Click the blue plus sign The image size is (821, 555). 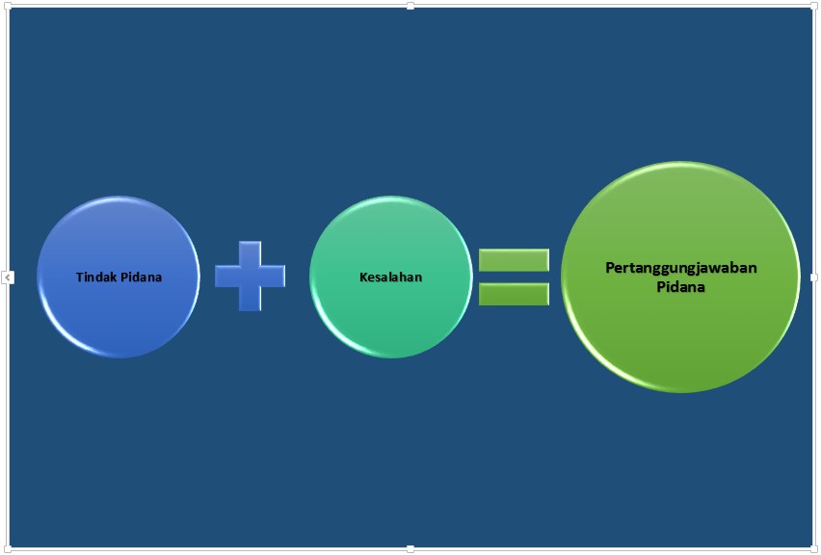(x=250, y=276)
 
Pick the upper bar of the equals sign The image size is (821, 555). (x=514, y=260)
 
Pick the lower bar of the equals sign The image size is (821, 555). (x=514, y=293)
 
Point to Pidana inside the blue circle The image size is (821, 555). (x=141, y=277)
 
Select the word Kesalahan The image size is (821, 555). (x=390, y=277)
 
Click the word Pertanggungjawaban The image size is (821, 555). (x=680, y=268)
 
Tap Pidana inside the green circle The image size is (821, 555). (x=680, y=286)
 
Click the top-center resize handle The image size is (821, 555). (x=410, y=6)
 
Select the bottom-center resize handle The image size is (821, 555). (x=410, y=549)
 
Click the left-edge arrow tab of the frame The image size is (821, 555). (x=8, y=277)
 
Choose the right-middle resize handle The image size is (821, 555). (x=814, y=277)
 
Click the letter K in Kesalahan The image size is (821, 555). (x=363, y=277)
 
